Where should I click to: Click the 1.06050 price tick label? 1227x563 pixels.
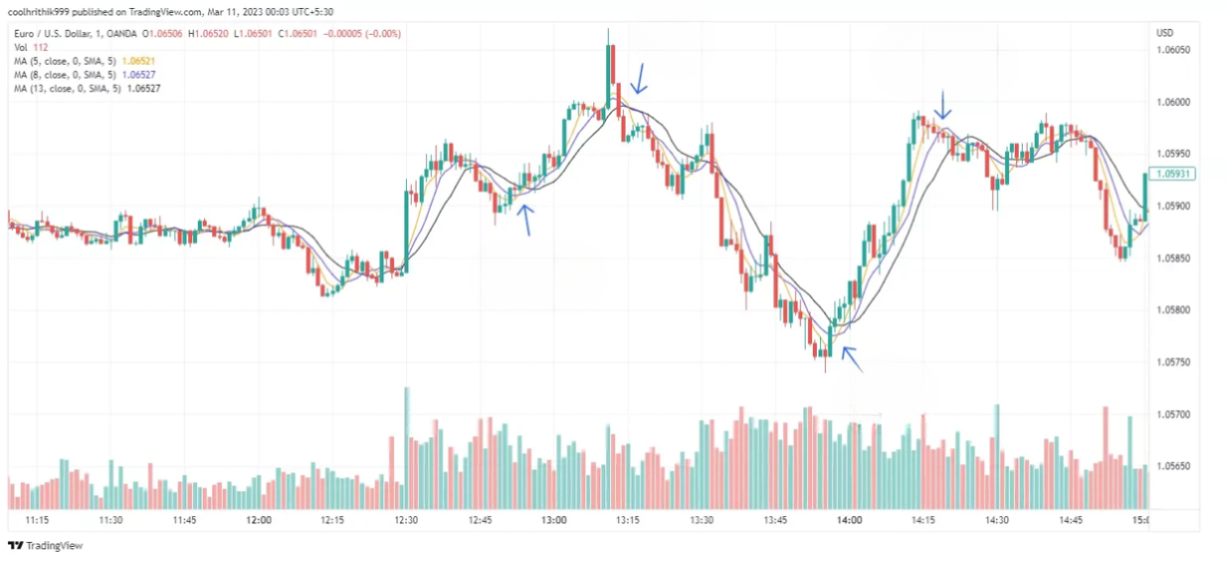tap(1173, 50)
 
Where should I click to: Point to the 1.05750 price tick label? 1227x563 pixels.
tap(1173, 362)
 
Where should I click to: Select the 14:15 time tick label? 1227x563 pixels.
tap(923, 520)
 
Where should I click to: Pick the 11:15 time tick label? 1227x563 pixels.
tap(37, 520)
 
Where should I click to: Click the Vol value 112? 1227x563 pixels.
tap(41, 48)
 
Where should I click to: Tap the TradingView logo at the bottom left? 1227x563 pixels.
tap(45, 546)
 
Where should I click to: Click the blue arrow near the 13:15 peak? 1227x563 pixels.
tap(639, 79)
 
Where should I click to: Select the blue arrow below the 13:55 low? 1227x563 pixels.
tap(851, 359)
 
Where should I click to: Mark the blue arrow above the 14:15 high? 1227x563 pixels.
tap(942, 104)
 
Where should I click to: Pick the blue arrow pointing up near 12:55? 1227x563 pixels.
tap(526, 219)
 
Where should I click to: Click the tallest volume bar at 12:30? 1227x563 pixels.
tap(407, 447)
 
